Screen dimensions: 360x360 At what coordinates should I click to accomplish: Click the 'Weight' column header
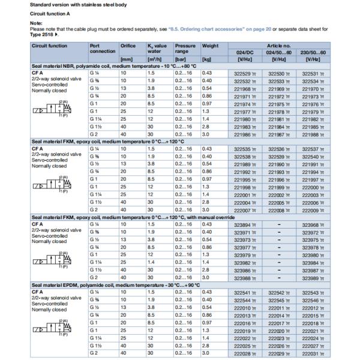pos(210,45)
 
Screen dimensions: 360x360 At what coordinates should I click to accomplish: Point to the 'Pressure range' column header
pos(185,48)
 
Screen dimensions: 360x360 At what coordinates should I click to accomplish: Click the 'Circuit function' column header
pos(50,45)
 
